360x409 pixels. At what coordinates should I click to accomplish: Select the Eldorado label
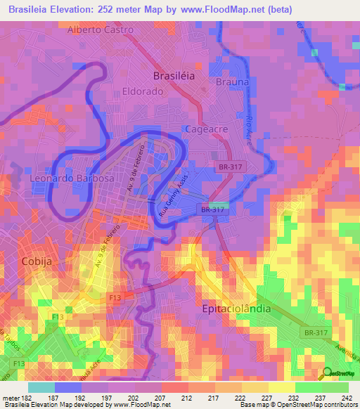(143, 91)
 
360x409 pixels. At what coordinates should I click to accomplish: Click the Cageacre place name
(204, 129)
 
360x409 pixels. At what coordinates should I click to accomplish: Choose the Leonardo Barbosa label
(72, 178)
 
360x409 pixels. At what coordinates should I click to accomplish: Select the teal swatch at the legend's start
(41, 387)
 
